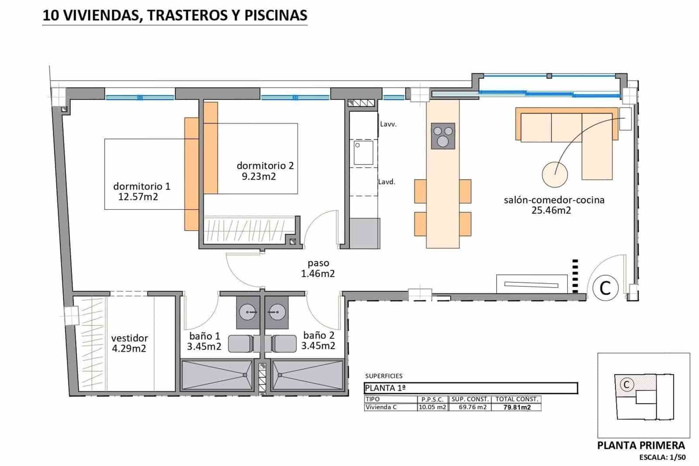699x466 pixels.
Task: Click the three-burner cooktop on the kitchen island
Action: point(443,136)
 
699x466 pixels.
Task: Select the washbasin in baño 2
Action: point(275,313)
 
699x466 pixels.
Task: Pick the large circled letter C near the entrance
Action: point(606,288)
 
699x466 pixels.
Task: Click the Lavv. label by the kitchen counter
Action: point(388,124)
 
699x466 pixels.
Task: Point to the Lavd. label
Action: point(387,182)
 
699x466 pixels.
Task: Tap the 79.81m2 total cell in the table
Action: point(516,407)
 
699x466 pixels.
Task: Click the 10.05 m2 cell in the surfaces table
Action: point(433,407)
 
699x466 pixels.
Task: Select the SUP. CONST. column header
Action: point(470,399)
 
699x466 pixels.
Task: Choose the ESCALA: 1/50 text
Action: point(662,457)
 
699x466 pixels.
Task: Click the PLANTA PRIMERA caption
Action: point(641,445)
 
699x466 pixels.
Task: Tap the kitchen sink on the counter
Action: point(363,153)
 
